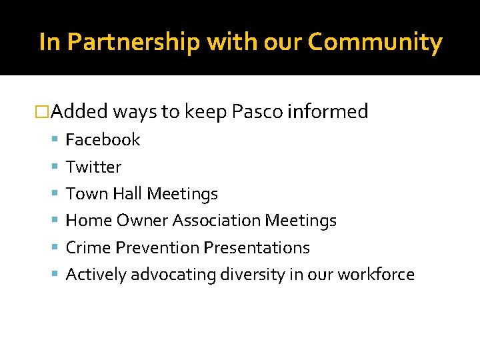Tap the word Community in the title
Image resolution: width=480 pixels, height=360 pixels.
tap(375, 43)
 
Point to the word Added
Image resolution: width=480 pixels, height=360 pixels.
tap(79, 112)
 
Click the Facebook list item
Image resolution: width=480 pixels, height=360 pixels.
tap(103, 140)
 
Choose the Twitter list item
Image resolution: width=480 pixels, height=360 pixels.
tap(93, 167)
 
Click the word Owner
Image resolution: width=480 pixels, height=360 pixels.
tap(143, 221)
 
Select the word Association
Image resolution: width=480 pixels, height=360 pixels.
tap(217, 221)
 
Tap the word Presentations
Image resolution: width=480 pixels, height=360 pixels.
tap(257, 248)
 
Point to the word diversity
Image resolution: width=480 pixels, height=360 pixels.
tap(257, 275)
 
